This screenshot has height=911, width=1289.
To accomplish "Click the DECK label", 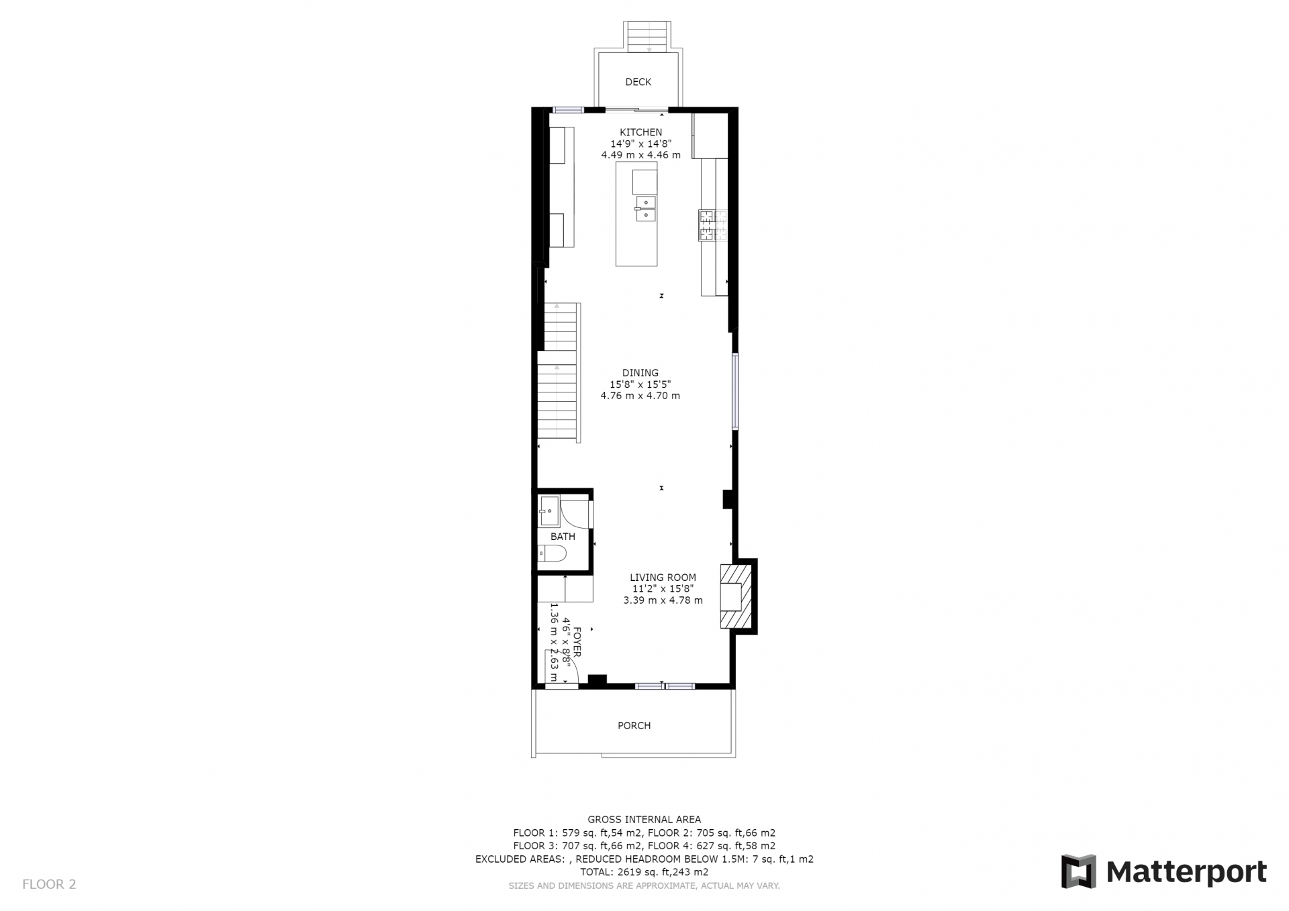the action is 638,82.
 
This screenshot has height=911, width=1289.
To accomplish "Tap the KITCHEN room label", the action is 640,132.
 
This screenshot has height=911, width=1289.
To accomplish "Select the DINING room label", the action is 640,373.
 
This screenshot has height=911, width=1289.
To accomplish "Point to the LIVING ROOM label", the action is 663,577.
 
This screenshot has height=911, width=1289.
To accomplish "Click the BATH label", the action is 563,537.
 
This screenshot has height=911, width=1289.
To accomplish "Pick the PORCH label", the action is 634,725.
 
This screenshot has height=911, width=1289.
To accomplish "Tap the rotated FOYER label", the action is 577,642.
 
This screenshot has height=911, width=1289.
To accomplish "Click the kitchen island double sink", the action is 644,208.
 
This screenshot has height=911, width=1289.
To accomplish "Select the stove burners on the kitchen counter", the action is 712,225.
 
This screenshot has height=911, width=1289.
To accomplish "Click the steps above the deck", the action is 649,36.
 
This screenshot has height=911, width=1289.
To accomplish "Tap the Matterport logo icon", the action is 1078,871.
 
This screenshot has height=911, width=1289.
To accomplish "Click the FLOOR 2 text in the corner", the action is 49,884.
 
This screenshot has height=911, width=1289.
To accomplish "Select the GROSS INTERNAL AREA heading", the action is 644,819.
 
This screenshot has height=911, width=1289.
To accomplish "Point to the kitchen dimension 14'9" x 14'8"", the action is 640,144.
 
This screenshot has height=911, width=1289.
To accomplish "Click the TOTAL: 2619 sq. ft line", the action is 644,872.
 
